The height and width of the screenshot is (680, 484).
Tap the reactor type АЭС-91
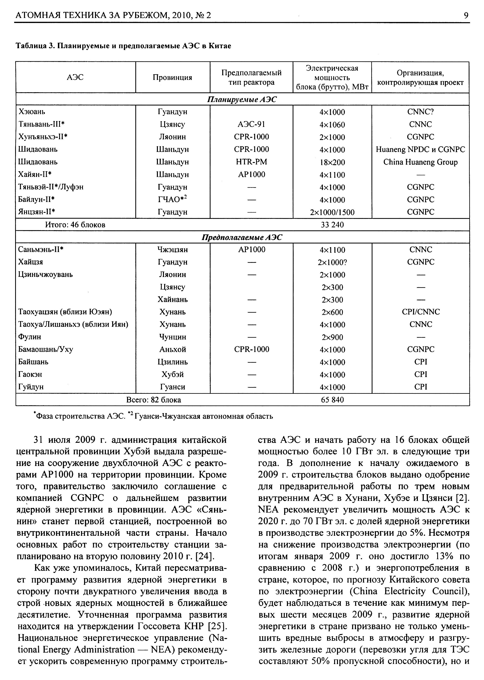251,124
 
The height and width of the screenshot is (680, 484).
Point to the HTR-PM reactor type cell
251,162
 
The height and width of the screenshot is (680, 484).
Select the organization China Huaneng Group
420,162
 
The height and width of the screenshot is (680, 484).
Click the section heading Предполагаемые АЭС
242,237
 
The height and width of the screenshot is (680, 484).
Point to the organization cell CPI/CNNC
420,312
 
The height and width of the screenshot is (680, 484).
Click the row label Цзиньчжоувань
45,274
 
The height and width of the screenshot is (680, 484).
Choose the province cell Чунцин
173,337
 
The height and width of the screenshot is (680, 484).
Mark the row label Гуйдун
31,387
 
